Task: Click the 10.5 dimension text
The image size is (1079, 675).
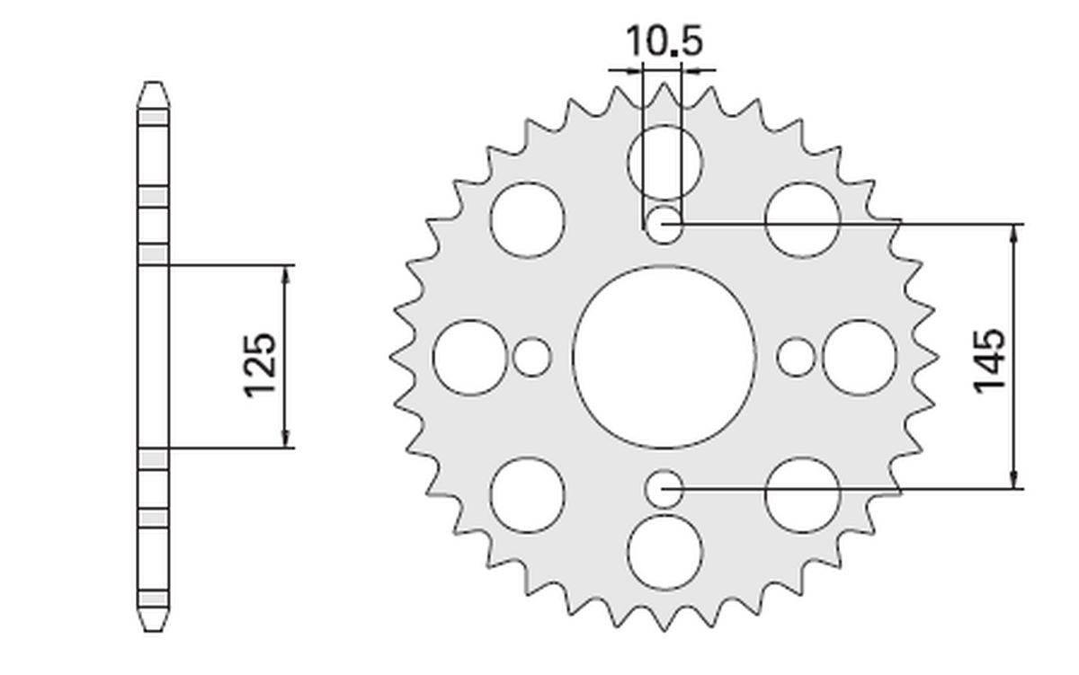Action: click(x=663, y=41)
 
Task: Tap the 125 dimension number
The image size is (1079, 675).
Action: click(x=260, y=364)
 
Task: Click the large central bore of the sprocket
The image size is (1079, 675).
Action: click(x=664, y=357)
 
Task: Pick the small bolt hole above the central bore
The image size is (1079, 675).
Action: click(x=664, y=225)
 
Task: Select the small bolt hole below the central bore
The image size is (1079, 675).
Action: click(x=664, y=490)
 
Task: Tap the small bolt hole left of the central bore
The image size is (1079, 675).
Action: click(x=531, y=357)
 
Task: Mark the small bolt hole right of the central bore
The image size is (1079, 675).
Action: click(x=796, y=357)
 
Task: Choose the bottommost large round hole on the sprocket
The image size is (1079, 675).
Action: click(x=664, y=552)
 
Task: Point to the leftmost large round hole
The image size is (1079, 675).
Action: click(x=469, y=357)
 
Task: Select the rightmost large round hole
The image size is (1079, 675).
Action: click(x=860, y=357)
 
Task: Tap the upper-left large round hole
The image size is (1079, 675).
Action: click(x=528, y=219)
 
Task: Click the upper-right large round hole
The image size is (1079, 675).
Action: click(x=802, y=219)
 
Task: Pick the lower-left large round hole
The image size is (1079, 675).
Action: click(x=528, y=494)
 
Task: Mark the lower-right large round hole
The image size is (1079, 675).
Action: click(x=802, y=494)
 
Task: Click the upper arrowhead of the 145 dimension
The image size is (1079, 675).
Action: click(x=1015, y=232)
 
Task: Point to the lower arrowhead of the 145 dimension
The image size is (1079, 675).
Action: click(x=1015, y=481)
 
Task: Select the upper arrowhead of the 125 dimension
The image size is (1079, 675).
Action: click(x=286, y=274)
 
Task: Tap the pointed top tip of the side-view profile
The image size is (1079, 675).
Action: click(x=153, y=84)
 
